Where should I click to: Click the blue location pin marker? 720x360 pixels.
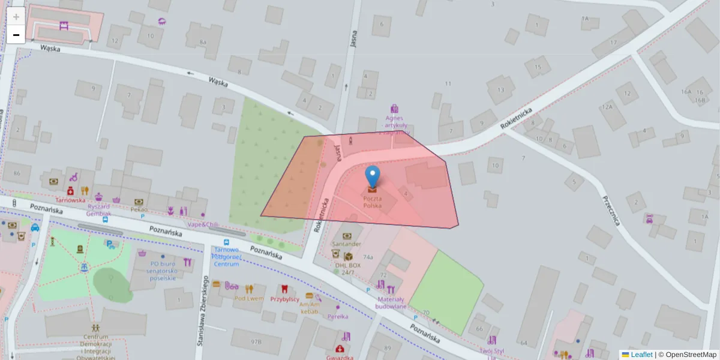click(x=373, y=176)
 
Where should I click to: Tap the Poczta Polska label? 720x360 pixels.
click(x=372, y=202)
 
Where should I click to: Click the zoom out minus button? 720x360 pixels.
click(x=16, y=35)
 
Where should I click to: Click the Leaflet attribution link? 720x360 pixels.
click(x=641, y=355)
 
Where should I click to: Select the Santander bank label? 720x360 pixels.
click(x=347, y=244)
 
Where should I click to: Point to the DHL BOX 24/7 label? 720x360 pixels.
click(x=348, y=268)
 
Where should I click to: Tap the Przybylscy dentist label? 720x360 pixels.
click(x=284, y=299)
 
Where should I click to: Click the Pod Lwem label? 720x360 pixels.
click(x=248, y=298)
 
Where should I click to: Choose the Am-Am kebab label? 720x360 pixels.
click(x=309, y=308)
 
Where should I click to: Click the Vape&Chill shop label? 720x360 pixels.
click(x=202, y=224)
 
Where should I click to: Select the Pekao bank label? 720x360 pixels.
click(x=139, y=210)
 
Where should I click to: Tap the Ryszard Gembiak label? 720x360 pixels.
click(x=98, y=209)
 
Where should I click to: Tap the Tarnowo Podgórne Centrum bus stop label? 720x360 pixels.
click(x=227, y=256)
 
